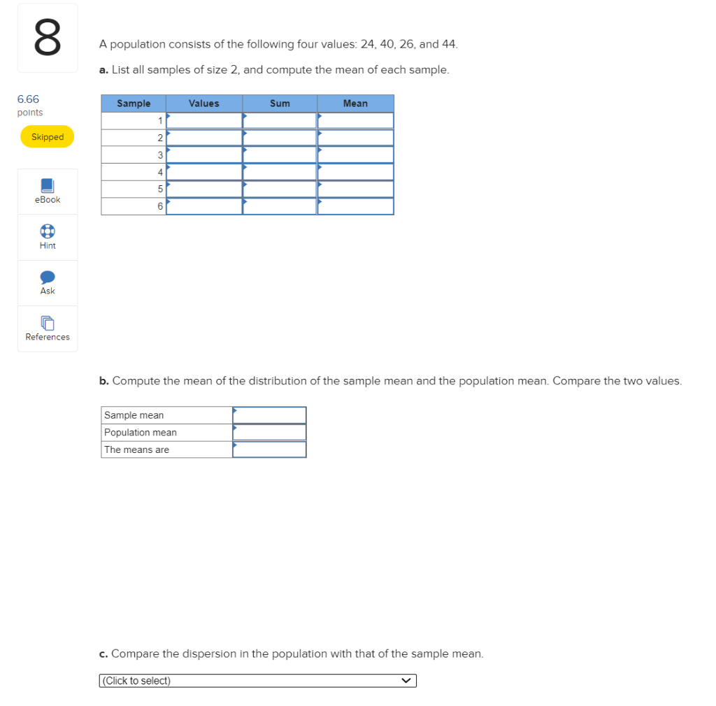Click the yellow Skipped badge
point(47,136)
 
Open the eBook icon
point(48,185)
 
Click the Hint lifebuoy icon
point(48,231)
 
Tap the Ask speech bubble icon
point(48,277)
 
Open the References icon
point(48,323)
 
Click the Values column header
point(204,103)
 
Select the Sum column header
point(280,103)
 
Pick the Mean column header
point(356,103)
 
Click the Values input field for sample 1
point(204,121)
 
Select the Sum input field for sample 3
point(280,155)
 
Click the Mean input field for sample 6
point(356,206)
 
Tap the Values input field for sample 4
point(204,172)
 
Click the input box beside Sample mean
point(269,415)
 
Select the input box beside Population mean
point(269,433)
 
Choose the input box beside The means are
point(269,449)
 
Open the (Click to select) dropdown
point(258,680)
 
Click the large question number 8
point(48,38)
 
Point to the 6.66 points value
point(28,99)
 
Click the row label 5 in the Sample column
point(160,189)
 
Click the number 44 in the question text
point(448,44)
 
